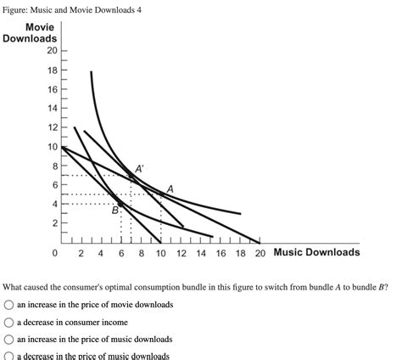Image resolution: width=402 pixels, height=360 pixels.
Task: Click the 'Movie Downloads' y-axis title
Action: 31,33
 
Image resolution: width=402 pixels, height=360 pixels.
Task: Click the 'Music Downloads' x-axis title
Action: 316,252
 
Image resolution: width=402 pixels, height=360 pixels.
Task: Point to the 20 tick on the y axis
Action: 51,50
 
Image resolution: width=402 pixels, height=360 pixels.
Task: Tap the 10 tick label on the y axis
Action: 51,146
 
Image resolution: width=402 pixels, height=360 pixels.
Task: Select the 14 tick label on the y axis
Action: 51,108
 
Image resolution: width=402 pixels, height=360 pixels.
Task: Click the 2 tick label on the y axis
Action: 53,223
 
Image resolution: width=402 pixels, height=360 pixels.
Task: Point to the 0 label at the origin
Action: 54,253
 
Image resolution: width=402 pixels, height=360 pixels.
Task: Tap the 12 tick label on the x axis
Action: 181,253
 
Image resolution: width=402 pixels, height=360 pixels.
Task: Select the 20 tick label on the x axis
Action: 260,253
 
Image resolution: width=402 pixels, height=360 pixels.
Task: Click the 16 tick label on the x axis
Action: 221,253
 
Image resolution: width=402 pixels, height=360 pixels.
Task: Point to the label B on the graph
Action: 115,210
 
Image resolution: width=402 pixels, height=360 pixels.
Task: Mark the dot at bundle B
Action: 120,204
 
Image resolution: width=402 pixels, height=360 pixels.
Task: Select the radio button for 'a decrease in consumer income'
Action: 8,322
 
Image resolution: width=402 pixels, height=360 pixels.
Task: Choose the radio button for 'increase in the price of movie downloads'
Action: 8,304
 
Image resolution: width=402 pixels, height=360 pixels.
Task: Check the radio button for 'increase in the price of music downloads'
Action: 8,339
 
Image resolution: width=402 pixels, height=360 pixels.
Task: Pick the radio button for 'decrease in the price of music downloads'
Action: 8,356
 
